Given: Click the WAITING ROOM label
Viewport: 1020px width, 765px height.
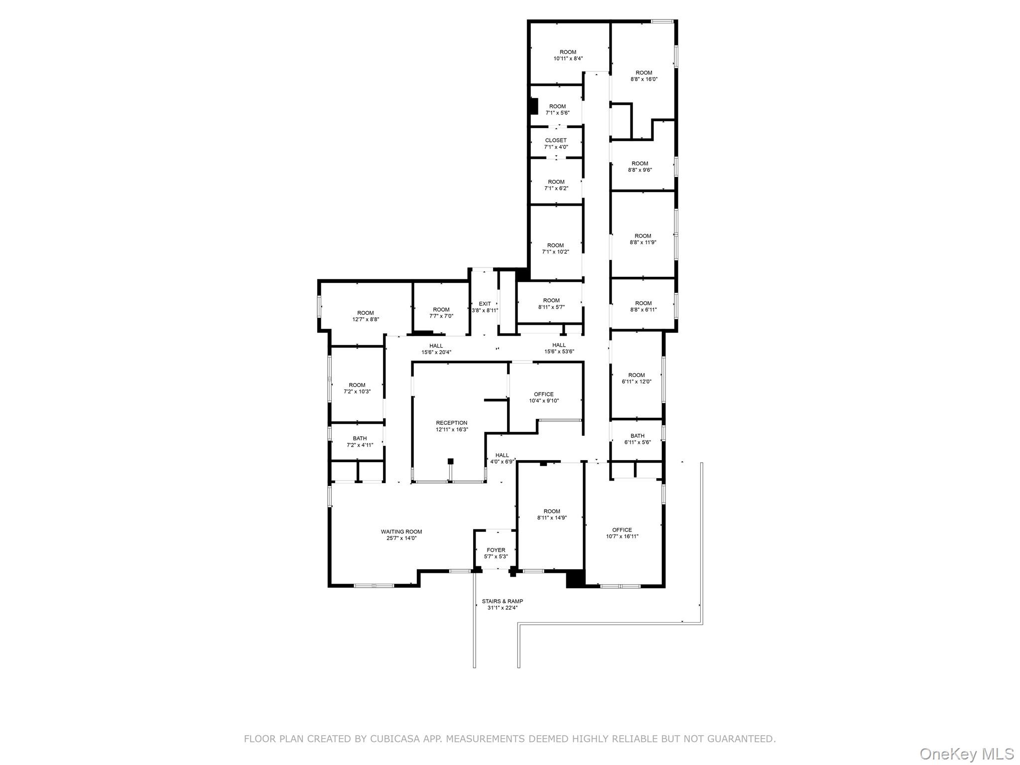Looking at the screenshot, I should coord(401,531).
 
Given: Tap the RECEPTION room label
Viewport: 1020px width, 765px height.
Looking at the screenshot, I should coord(452,423).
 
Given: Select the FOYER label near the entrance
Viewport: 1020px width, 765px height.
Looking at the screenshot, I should coord(496,550).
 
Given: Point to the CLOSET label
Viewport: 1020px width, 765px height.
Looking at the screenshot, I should coord(556,140).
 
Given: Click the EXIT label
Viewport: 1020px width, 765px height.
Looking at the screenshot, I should coord(485,304).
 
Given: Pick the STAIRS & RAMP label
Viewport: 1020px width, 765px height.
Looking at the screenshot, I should coord(502,601).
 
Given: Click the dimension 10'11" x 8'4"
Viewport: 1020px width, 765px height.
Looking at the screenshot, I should coord(568,59).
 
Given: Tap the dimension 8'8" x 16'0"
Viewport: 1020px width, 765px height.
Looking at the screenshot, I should coord(643,79).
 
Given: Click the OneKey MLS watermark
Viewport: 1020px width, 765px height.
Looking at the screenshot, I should coord(966,754).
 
